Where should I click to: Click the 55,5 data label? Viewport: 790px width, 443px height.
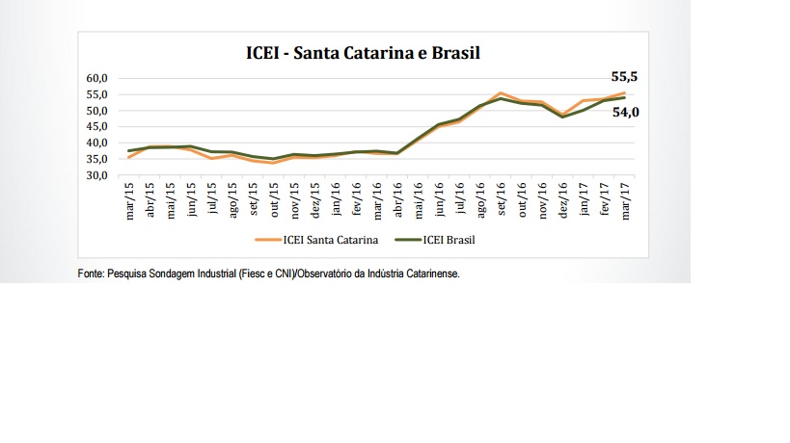click(x=624, y=76)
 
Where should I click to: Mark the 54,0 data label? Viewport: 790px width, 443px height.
click(x=625, y=112)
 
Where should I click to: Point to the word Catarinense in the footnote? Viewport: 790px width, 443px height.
click(x=431, y=274)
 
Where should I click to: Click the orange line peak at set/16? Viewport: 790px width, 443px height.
click(x=500, y=92)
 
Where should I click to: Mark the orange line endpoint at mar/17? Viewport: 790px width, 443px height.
click(x=624, y=92)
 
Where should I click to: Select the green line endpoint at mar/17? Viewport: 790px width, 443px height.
click(x=624, y=97)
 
